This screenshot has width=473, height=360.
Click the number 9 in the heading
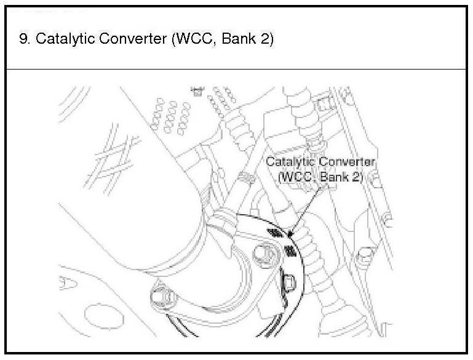coord(23,40)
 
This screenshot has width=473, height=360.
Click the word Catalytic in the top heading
coord(58,40)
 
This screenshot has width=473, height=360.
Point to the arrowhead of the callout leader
coord(291,234)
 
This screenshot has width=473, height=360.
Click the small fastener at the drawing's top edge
coord(197,91)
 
